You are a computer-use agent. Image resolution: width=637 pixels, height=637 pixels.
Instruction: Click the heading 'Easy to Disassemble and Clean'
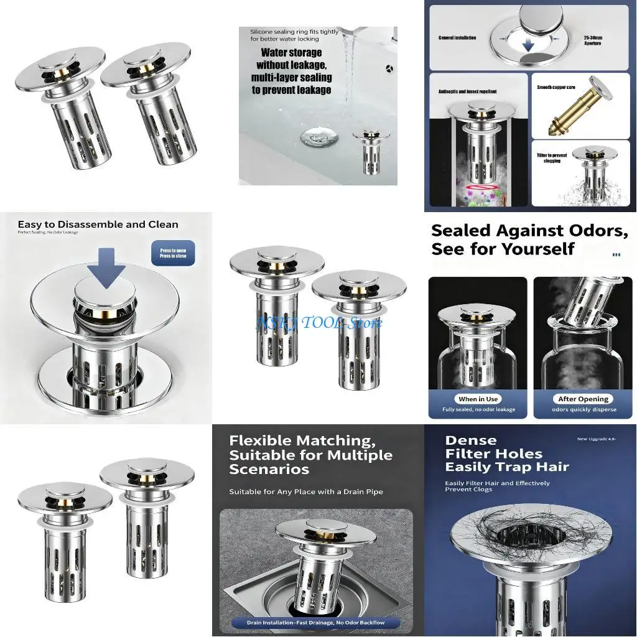(98, 225)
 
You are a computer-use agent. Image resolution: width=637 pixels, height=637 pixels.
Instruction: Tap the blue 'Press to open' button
(172, 253)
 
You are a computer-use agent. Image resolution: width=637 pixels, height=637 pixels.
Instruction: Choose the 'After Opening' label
(584, 399)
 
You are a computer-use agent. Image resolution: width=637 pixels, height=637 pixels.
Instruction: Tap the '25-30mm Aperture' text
(592, 40)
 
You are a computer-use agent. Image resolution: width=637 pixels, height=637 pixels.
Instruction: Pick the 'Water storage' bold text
(291, 53)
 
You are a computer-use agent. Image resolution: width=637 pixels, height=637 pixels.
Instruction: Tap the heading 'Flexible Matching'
(302, 441)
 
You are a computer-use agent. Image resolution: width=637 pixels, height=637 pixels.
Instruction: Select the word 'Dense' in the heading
(470, 440)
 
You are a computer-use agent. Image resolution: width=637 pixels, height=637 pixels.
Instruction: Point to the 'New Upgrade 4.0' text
(595, 439)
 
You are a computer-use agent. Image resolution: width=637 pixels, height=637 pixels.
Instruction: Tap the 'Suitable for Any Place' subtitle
(305, 491)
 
